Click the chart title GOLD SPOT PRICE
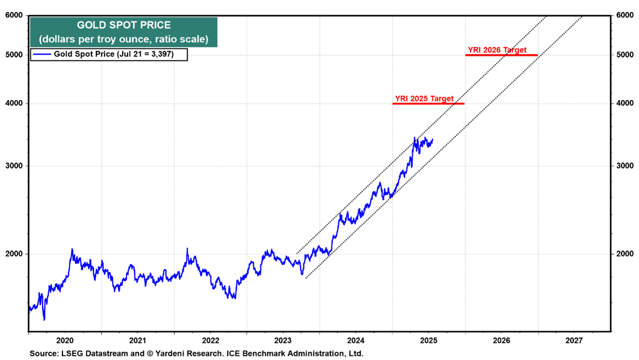pyautogui.click(x=123, y=25)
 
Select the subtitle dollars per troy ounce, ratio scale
pyautogui.click(x=123, y=39)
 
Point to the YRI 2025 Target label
pyautogui.click(x=424, y=99)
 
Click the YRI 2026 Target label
pyautogui.click(x=497, y=50)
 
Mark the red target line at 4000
pyautogui.click(x=429, y=104)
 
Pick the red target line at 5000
pyautogui.click(x=501, y=55)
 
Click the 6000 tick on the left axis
pyautogui.click(x=14, y=15)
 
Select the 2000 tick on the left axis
pyautogui.click(x=14, y=254)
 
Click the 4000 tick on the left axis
pyautogui.click(x=14, y=104)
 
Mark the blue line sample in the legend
pyautogui.click(x=42, y=54)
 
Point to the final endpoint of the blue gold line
pyautogui.click(x=433, y=139)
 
